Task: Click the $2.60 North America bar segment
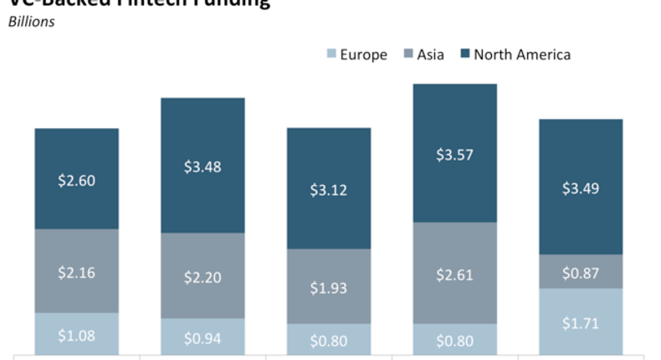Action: [77, 179]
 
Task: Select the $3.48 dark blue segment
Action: [202, 166]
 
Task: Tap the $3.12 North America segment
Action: [329, 188]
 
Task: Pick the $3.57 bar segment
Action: [455, 153]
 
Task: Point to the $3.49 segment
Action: [581, 187]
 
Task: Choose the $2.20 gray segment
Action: [202, 275]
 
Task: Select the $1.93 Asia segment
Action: [329, 286]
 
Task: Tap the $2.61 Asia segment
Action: [455, 273]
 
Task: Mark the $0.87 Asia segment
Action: [581, 271]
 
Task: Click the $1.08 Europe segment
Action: [77, 334]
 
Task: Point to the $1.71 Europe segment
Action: [581, 321]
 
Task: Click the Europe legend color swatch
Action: [330, 55]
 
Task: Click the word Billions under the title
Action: [32, 22]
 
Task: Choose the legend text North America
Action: [522, 55]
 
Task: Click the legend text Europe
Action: [363, 55]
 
